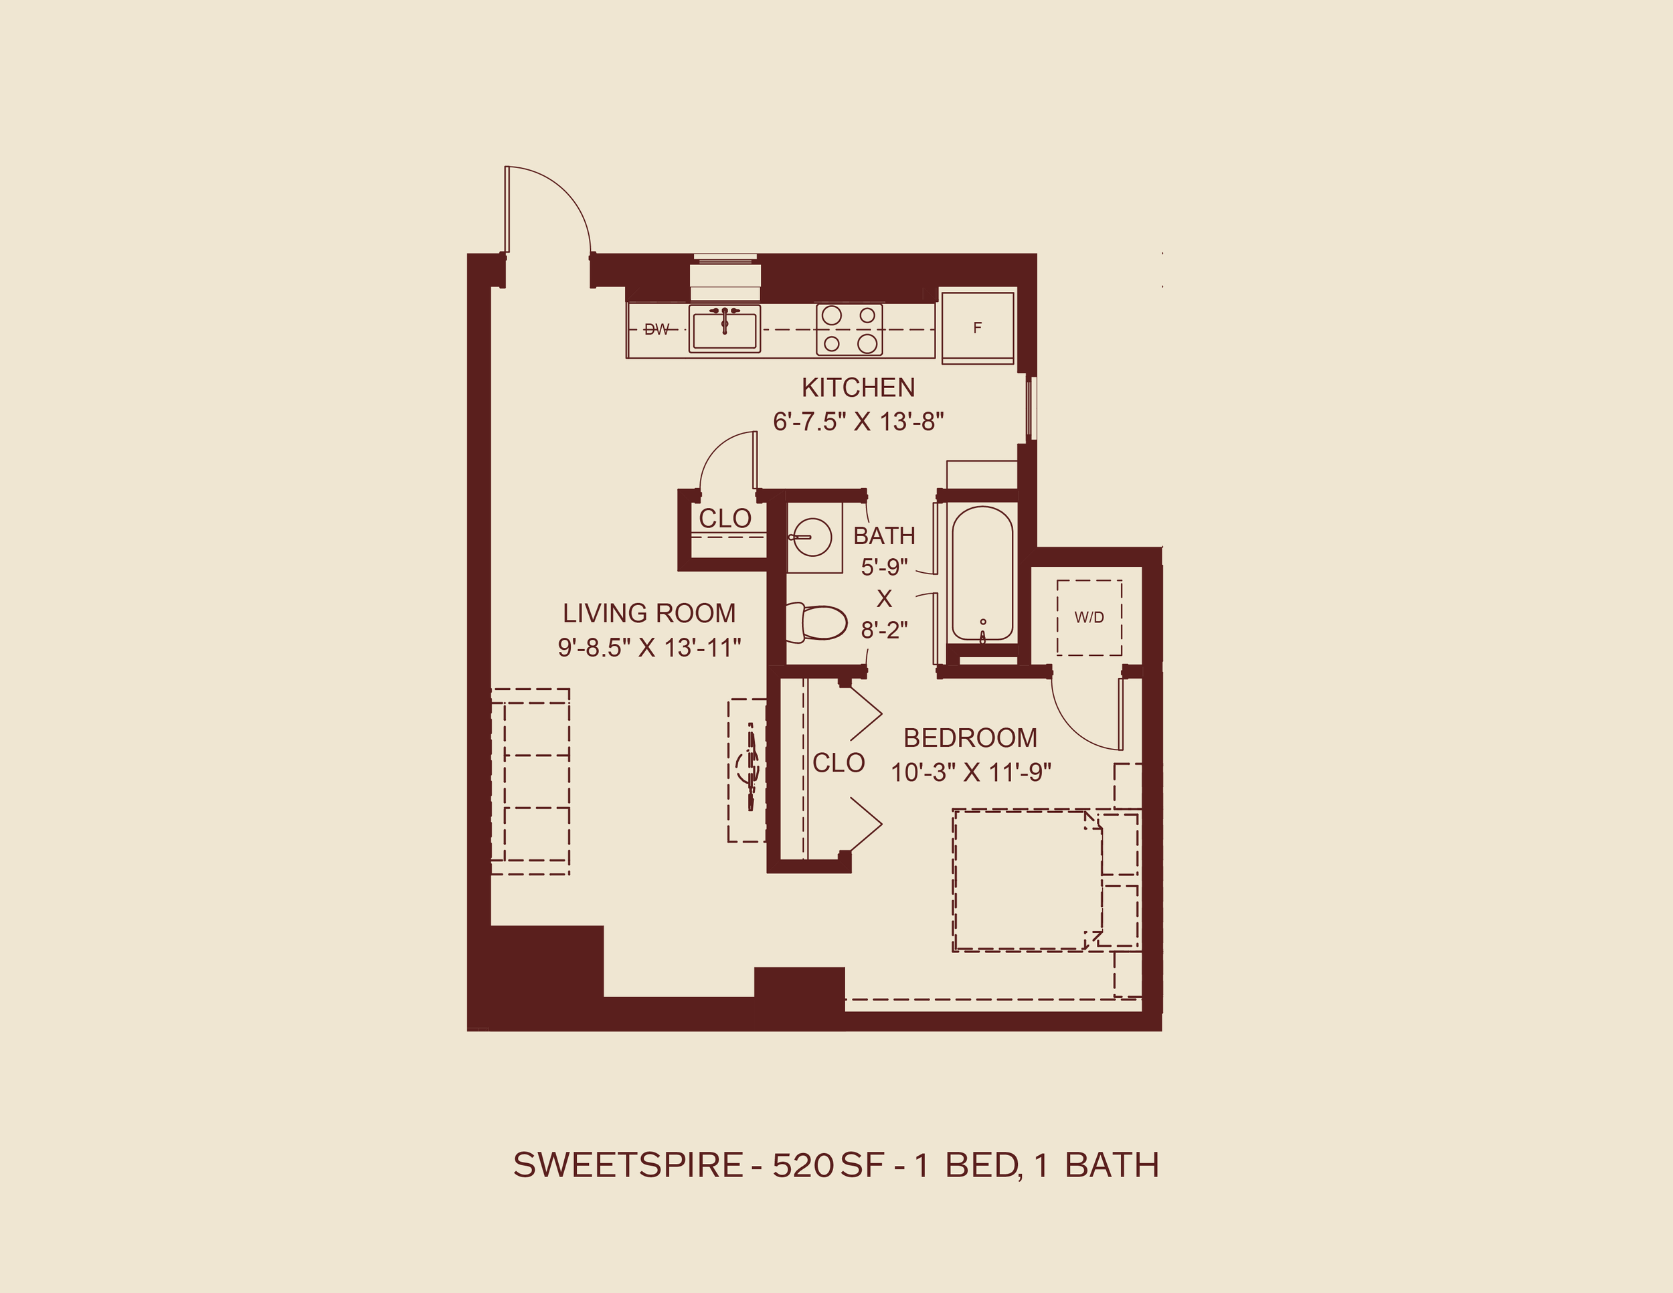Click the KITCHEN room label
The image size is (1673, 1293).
[x=858, y=387]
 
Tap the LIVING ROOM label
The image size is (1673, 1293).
[x=649, y=613]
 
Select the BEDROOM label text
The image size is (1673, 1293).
[x=970, y=738]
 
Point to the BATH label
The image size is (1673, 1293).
[x=884, y=535]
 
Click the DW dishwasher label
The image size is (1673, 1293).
[x=656, y=329]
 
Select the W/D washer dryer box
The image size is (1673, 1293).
[x=1089, y=618]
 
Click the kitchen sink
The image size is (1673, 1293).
[x=724, y=329]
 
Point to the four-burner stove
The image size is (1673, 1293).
[x=849, y=329]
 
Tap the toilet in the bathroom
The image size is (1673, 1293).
[x=816, y=622]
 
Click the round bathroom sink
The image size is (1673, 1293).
[x=812, y=536]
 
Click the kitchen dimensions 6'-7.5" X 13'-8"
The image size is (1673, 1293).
[x=858, y=422]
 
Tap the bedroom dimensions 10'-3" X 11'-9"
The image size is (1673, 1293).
[x=970, y=772]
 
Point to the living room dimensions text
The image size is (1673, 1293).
[x=649, y=648]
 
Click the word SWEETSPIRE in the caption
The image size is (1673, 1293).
[x=628, y=1165]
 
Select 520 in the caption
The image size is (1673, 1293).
[x=802, y=1165]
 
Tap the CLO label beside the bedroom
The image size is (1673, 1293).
[x=838, y=763]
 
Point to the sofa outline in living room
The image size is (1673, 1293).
[x=530, y=781]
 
